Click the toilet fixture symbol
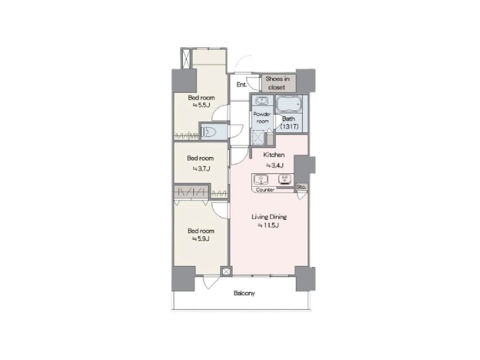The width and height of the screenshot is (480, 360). pos(209,132)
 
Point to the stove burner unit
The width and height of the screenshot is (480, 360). pos(284,179)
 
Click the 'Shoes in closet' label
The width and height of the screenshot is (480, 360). pos(277,83)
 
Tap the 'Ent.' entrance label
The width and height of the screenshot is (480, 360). pos(242,84)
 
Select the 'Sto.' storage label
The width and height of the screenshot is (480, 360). pos(301,187)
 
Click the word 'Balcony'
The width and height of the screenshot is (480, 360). pos(244,293)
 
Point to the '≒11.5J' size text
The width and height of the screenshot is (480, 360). pos(268,225)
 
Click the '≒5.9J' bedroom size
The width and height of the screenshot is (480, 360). pos(201,238)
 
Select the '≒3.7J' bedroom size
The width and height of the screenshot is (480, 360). pos(202,168)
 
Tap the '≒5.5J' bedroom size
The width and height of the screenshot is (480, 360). pos(202,105)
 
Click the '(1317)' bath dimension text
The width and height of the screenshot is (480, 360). pos(290,126)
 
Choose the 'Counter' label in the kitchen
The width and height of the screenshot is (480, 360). pos(265,190)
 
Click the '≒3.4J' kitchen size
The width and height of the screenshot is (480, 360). pos(275,166)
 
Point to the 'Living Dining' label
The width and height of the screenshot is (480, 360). pos(269,217)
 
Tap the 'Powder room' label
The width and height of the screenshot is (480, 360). pos(262,118)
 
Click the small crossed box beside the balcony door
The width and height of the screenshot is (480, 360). pos(226,272)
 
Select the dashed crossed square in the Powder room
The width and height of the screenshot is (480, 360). pos(258,137)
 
